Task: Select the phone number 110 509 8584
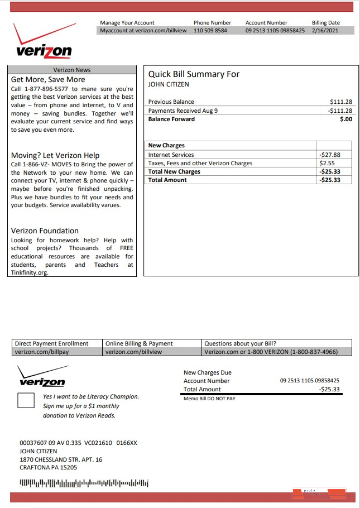point(210,31)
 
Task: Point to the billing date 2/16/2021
point(325,31)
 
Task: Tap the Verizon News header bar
point(72,70)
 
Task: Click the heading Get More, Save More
point(48,80)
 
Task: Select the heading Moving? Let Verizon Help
point(55,155)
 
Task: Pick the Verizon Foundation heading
point(45,231)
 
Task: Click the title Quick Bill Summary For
point(193,74)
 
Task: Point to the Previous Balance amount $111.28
point(341,102)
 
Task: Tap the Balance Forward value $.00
point(345,119)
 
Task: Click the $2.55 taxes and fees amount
point(327,164)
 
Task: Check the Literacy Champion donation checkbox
point(26,400)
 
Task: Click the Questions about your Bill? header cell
point(240,343)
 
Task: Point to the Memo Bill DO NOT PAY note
point(209,399)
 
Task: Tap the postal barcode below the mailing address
point(84,482)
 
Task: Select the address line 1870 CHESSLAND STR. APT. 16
point(61,459)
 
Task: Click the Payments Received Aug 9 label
point(183,111)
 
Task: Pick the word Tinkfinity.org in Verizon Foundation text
point(30,273)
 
